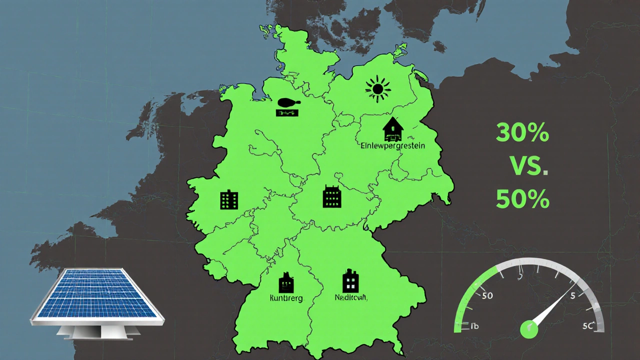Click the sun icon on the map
click(x=377, y=89)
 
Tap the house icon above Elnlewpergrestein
click(x=393, y=129)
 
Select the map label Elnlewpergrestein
click(x=392, y=146)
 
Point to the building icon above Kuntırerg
click(x=286, y=282)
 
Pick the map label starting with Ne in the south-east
click(x=351, y=297)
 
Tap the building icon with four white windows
click(x=350, y=281)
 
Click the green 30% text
click(x=522, y=134)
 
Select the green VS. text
click(x=528, y=165)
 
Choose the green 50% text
click(x=522, y=200)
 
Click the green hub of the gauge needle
click(x=528, y=328)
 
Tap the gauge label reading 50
click(x=487, y=295)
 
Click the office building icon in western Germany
click(x=229, y=199)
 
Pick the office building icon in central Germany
click(x=331, y=196)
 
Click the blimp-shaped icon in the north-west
click(x=288, y=103)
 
